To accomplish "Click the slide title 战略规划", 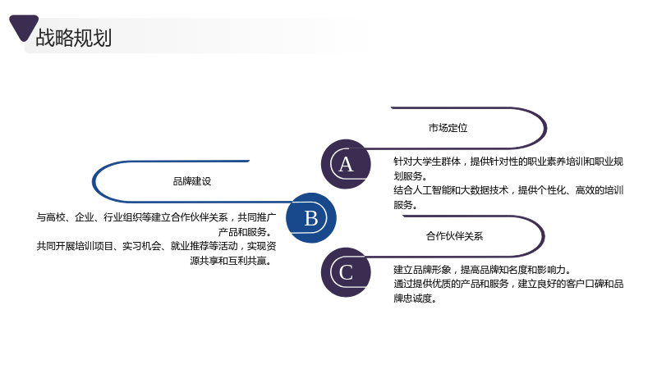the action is (74, 38).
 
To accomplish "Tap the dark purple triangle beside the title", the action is (24, 27).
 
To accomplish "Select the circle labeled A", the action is (346, 164).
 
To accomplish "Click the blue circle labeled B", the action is (311, 218).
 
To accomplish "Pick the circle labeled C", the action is (346, 272).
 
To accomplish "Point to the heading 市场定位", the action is (448, 128).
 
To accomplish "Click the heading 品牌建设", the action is (192, 181).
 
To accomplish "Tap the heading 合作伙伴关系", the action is (455, 236).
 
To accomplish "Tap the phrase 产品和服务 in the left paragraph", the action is (242, 232).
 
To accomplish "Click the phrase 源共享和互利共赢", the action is (228, 261).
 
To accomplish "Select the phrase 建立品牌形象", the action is (422, 270).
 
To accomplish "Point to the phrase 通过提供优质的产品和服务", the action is (451, 284).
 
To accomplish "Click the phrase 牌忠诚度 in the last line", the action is (413, 298).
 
